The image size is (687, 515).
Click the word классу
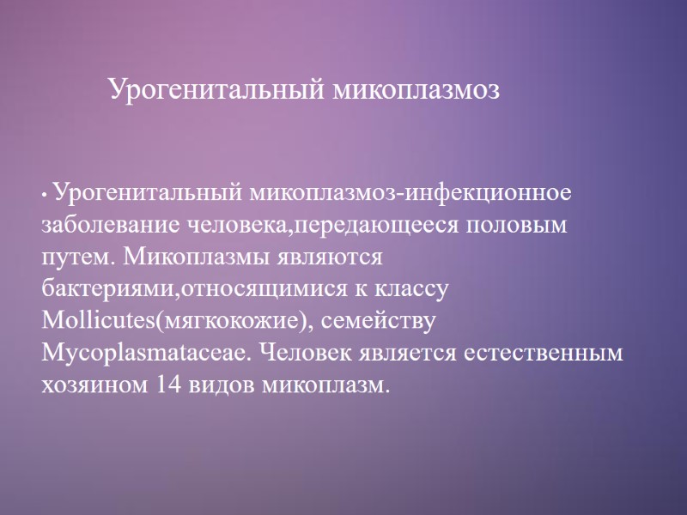coord(412,289)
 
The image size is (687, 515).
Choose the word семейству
coord(388,321)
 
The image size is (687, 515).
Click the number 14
coord(168,385)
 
